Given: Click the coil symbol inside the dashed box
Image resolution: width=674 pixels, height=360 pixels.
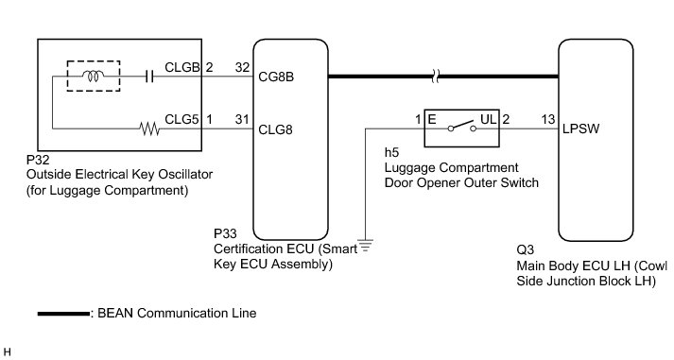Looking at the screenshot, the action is coord(93,77).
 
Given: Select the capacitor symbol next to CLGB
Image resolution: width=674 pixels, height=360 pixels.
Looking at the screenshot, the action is coord(149,77).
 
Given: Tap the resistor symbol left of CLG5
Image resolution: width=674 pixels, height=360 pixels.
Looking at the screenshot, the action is coord(149,129).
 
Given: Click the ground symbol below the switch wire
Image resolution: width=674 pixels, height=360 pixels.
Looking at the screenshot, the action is coord(366,246).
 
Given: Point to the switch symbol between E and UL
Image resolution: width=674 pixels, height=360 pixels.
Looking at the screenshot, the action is coord(461,127).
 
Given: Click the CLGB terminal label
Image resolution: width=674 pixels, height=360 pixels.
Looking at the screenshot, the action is coord(182,67).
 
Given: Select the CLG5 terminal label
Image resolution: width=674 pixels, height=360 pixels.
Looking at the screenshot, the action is coord(181,119).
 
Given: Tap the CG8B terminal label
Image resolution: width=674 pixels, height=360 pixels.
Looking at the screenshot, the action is coord(276,77).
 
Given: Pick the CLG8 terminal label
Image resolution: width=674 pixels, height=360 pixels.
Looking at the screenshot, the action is coord(275,129).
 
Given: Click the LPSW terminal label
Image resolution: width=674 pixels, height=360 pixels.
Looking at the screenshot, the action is coord(580,129).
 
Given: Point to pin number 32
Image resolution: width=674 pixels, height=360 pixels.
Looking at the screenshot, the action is coord(242,67).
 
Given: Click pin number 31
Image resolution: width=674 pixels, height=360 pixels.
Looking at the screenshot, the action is coord(242,119).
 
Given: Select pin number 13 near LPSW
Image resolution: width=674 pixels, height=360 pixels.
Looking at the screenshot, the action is coord(548,119).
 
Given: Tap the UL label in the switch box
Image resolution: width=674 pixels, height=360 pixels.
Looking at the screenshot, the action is coord(489,119).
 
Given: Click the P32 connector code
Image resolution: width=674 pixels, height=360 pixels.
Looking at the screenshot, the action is coord(38,160).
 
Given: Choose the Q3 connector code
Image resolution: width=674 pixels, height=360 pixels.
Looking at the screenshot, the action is coord(525,250).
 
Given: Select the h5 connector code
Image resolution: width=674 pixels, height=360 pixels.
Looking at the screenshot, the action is coord(391,152).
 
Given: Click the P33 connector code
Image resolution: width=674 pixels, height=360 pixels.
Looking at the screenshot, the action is coord(225,233).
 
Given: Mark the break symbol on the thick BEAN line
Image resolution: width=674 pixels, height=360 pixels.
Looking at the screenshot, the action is coord(435,77).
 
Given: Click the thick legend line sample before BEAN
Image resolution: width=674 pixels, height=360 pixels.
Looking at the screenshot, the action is coord(63,314).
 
